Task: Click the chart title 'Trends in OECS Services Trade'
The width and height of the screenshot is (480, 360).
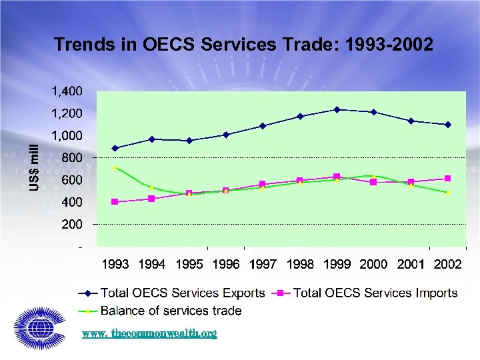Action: point(243,45)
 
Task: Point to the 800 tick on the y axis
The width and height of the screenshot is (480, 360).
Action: point(71,158)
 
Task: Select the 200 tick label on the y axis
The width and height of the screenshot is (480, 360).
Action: point(71,225)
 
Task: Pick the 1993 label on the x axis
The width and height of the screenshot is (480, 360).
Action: point(115,265)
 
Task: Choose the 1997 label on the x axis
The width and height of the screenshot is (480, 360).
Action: point(263,265)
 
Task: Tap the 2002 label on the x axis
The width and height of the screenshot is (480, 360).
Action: point(447,265)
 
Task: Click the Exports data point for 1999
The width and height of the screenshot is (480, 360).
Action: point(337,109)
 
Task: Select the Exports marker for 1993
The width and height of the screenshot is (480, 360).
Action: point(115,148)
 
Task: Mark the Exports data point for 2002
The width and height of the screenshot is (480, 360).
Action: point(447,125)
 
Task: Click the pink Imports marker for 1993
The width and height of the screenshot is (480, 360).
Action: point(115,201)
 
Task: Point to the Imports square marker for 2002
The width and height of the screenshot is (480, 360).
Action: point(447,178)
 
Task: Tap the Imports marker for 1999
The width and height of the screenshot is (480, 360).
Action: point(337,177)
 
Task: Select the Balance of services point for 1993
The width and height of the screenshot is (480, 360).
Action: point(115,167)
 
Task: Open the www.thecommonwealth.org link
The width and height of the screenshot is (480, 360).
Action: point(149,333)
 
